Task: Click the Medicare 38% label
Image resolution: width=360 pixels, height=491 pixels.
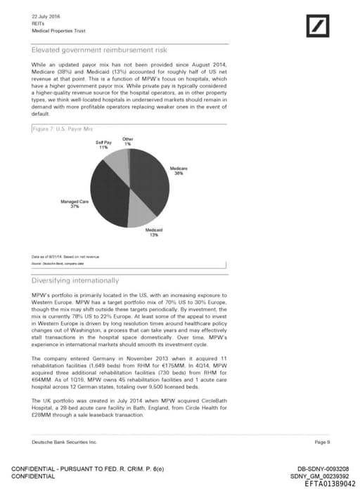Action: (x=179, y=171)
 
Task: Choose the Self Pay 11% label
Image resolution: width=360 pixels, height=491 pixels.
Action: (x=103, y=145)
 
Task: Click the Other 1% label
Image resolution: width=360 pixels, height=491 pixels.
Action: (x=127, y=141)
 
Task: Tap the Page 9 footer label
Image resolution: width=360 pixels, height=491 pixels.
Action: (x=322, y=442)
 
